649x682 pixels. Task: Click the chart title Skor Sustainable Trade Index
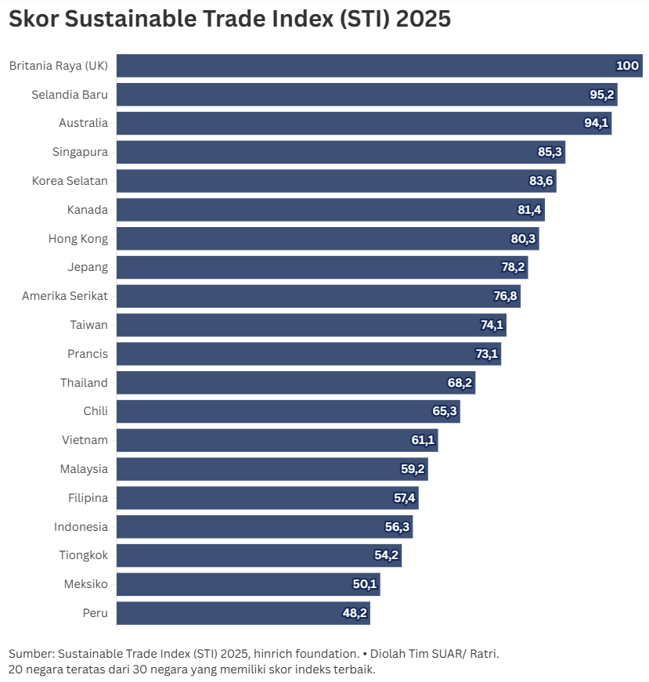tap(229, 19)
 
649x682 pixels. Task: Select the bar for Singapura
tap(341, 152)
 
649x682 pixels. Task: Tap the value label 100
tap(627, 66)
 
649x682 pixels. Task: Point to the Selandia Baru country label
tap(70, 95)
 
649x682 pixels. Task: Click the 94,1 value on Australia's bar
tap(596, 124)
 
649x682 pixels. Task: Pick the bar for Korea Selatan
tap(336, 181)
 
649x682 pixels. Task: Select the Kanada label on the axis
tap(88, 210)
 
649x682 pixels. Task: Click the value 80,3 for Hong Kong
tap(523, 239)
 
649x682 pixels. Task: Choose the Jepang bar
tap(322, 268)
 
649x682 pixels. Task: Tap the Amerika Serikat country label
tap(65, 296)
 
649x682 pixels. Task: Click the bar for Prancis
tap(308, 354)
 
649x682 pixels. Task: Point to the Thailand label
tap(84, 383)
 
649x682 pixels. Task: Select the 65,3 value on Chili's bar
tap(445, 412)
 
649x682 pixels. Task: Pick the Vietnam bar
tap(277, 440)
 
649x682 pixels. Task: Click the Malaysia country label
tap(84, 469)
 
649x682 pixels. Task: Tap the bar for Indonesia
tap(265, 527)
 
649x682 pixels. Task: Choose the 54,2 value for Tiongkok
tap(387, 556)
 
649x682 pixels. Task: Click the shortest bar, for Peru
tap(243, 613)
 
